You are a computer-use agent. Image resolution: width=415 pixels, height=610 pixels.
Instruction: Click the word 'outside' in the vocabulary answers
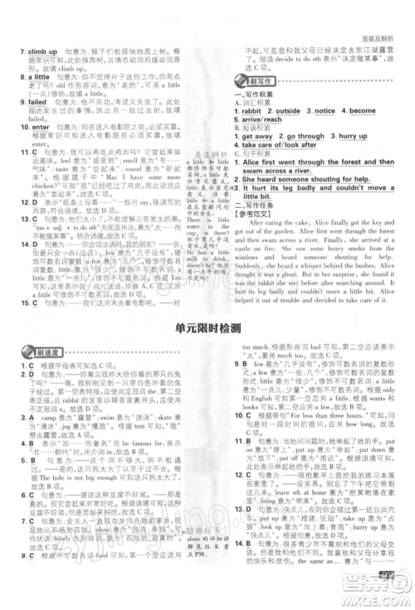tap(288, 110)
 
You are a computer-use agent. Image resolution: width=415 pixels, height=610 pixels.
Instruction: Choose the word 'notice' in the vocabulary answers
tap(326, 110)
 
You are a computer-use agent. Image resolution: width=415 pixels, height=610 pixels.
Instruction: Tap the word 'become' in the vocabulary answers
tap(363, 110)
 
